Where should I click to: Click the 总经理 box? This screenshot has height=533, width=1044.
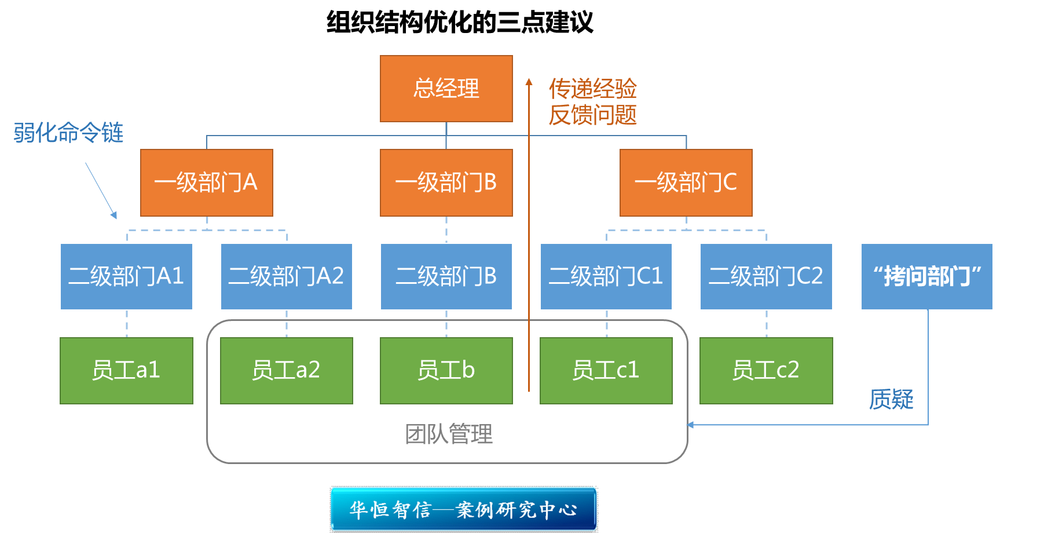(446, 89)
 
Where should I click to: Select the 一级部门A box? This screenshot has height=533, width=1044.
(206, 182)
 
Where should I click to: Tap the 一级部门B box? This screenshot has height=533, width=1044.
(446, 182)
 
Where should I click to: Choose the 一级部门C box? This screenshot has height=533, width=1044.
(686, 182)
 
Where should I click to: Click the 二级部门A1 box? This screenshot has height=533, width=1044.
(126, 276)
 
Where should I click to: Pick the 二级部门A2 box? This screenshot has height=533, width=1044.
(286, 276)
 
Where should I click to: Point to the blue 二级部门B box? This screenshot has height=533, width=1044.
(446, 276)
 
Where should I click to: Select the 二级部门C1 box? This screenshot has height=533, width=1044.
(606, 276)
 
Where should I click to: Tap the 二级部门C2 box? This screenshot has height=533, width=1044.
(765, 276)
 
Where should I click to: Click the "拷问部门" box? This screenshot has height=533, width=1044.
(926, 276)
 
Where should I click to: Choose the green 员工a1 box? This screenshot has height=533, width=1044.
(126, 370)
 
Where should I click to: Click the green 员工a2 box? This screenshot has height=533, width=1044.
(286, 370)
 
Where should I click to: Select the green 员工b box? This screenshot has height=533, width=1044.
(446, 370)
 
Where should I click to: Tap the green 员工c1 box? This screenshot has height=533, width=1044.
(606, 370)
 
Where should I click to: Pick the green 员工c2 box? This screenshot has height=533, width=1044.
(765, 370)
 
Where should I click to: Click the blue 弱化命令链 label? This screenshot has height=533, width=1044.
(68, 133)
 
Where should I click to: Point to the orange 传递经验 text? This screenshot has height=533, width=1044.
(592, 89)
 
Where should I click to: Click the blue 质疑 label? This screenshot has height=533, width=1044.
(891, 399)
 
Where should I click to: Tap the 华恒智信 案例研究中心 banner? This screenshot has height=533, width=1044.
(463, 509)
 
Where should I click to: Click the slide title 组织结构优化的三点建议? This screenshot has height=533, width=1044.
(460, 23)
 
